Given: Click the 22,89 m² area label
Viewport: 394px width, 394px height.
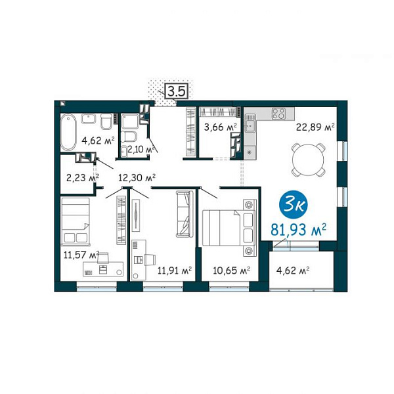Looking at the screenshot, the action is [x=315, y=127].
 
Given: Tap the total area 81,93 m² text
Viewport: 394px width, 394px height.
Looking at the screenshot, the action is [x=299, y=230].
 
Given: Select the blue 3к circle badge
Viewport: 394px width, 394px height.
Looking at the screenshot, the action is [x=294, y=206].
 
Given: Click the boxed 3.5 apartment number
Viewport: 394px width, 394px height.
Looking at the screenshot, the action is [x=177, y=91].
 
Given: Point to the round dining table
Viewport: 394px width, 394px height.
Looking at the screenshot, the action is [x=309, y=160].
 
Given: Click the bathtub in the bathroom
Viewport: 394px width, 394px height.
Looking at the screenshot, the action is [x=68, y=132].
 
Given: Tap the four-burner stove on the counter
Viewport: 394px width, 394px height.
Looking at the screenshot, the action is [x=279, y=113].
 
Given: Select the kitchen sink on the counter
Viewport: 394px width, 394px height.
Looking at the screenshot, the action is [x=250, y=125].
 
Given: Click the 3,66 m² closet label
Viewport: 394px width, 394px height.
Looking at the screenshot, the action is [x=221, y=127].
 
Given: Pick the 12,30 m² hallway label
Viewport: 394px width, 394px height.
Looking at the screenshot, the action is [x=137, y=178].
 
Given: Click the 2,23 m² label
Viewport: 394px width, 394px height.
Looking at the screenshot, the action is [x=83, y=178].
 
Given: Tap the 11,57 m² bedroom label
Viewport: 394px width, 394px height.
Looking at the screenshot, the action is [x=81, y=255].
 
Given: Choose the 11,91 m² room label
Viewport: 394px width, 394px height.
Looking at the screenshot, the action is [x=175, y=271].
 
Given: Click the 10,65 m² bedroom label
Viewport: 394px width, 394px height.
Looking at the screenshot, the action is [x=231, y=271].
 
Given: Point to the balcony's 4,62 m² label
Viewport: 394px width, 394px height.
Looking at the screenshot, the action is [x=293, y=271].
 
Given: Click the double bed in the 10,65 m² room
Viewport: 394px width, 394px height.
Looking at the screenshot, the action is [x=229, y=228].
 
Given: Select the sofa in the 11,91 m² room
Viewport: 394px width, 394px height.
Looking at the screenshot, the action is [x=185, y=214].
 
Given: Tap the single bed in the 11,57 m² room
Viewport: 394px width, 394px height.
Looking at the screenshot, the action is [x=76, y=221].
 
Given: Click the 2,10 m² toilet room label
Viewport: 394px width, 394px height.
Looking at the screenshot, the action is [x=141, y=149].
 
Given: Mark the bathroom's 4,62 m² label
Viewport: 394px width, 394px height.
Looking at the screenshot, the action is [x=98, y=141].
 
